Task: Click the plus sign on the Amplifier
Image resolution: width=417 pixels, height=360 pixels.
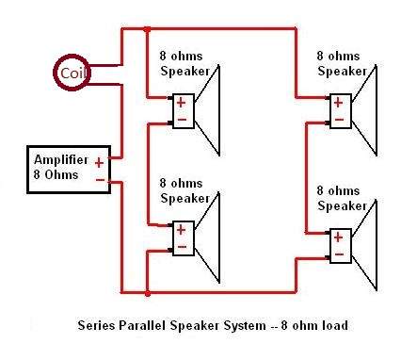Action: (99, 163)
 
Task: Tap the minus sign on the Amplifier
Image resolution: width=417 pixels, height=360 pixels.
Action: (100, 180)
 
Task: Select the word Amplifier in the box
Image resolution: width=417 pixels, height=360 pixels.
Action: (61, 160)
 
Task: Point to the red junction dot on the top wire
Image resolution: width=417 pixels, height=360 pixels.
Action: (147, 29)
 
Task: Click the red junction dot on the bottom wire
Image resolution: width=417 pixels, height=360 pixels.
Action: (147, 294)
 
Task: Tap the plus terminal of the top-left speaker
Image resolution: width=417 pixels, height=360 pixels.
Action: (181, 103)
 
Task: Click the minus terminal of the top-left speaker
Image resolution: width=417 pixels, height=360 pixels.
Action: (182, 120)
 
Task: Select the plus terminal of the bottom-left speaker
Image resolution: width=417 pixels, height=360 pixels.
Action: (181, 230)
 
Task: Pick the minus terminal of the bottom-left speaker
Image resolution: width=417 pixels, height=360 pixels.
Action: (182, 247)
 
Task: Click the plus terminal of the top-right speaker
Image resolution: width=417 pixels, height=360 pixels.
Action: (338, 103)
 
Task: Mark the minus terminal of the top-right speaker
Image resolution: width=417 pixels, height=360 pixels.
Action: (339, 120)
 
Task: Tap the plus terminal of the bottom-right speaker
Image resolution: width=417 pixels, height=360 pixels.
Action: (338, 237)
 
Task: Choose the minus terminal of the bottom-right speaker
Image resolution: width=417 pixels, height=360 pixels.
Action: (339, 254)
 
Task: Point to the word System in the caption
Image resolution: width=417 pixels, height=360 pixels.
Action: (245, 326)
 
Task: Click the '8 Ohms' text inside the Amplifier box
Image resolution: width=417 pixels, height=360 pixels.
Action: (56, 174)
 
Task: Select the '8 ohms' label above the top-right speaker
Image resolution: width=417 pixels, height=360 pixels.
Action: (338, 57)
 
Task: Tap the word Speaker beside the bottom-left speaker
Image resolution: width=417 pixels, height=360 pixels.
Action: (184, 198)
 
